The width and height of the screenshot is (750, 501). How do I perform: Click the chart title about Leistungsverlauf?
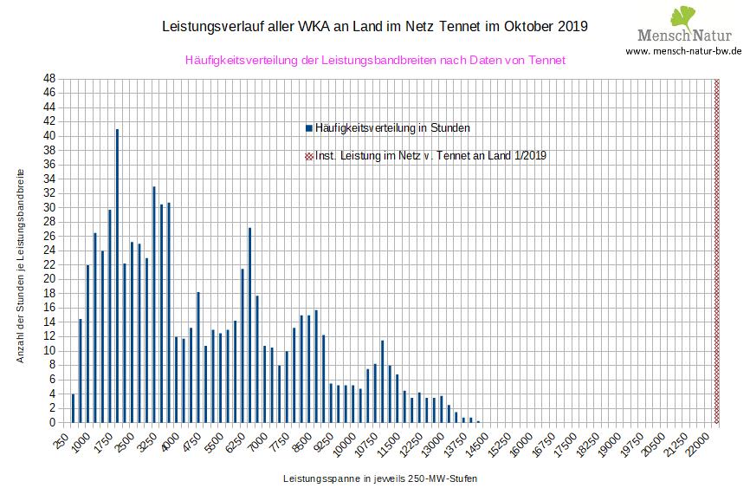(x=375, y=26)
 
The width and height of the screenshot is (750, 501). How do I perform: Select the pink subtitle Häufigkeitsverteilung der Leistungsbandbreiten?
(x=375, y=61)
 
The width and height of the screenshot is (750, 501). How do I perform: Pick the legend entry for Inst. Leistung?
(x=430, y=156)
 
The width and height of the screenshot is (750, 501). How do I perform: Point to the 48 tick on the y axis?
(x=49, y=78)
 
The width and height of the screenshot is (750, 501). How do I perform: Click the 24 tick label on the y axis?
(x=49, y=250)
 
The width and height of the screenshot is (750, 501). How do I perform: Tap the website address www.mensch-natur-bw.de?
(x=682, y=51)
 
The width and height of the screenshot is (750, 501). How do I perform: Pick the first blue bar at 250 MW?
(x=74, y=408)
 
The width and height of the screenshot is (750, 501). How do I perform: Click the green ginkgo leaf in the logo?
(x=683, y=16)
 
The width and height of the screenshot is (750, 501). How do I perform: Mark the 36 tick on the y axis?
(x=49, y=164)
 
